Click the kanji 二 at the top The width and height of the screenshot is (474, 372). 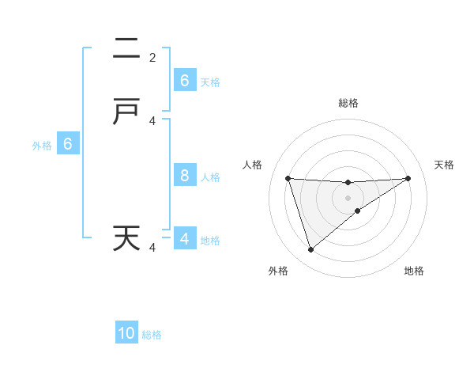click(126, 49)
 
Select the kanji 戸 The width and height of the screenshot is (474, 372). click(126, 112)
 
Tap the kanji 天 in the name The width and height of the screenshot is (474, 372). click(126, 237)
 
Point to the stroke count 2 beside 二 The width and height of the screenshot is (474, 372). click(152, 58)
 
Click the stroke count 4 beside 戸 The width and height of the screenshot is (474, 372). click(152, 121)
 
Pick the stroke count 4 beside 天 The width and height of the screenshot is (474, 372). click(152, 248)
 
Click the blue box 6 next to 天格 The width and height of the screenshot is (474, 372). click(185, 81)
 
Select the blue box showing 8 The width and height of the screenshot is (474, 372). click(185, 176)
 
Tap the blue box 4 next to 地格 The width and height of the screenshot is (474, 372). click(185, 239)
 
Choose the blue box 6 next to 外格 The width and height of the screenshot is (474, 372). click(68, 144)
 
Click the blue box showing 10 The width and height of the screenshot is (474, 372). click(126, 333)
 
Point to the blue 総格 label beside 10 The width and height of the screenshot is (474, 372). click(152, 335)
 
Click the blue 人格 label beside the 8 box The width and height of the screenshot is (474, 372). click(210, 177)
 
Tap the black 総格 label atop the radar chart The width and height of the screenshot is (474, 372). click(348, 103)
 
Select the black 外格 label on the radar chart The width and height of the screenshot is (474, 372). click(277, 271)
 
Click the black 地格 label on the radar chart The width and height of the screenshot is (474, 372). click(414, 271)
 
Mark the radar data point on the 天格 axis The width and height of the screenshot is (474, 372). click(408, 178)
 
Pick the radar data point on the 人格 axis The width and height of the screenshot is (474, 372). click(288, 178)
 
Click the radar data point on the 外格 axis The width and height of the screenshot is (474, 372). click(310, 250)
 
